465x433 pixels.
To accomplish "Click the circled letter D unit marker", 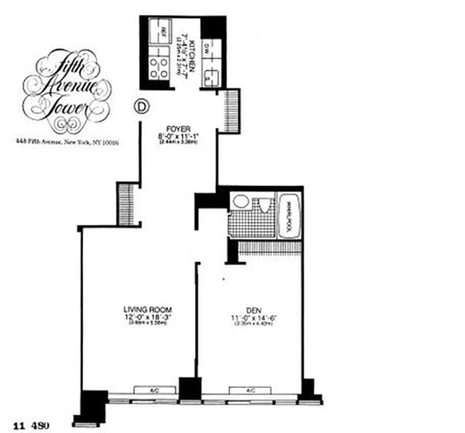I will click(x=140, y=107).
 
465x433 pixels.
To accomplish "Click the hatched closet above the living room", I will click(x=126, y=203).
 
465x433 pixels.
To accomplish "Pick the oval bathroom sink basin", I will click(x=241, y=202).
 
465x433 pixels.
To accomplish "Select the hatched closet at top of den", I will click(x=269, y=248).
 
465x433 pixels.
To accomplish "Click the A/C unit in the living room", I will click(x=155, y=390).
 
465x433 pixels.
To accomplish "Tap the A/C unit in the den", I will click(x=250, y=390).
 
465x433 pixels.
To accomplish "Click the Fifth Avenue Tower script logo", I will click(x=67, y=91).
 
